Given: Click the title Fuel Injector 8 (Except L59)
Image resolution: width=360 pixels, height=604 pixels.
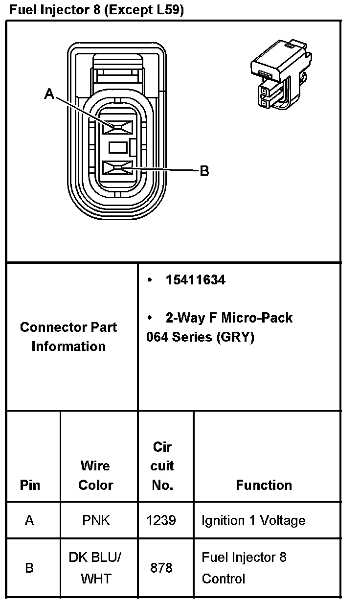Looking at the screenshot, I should (96, 10).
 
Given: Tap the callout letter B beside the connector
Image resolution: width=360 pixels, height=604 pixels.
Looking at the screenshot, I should (204, 171).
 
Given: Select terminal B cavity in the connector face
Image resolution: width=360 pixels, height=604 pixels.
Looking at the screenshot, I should (118, 169).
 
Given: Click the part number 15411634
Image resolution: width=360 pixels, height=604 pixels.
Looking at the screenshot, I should (195, 280).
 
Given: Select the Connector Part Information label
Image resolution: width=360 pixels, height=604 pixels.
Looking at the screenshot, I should (68, 337).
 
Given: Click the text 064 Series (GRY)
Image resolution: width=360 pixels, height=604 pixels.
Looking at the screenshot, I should (200, 337).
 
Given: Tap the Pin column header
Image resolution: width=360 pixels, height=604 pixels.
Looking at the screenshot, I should (30, 485).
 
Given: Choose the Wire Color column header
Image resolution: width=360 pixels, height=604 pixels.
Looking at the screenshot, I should (96, 475).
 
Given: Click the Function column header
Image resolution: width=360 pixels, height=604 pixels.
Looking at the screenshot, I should (264, 485).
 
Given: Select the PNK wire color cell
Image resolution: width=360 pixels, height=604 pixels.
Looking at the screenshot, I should (96, 520).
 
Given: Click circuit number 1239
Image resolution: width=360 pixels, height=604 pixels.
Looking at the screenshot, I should (161, 520).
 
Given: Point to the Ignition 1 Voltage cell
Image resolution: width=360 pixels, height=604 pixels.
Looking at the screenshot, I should (253, 520).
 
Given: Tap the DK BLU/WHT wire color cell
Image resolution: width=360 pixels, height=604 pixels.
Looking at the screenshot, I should (96, 568).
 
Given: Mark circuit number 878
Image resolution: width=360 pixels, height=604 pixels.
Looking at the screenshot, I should (161, 568).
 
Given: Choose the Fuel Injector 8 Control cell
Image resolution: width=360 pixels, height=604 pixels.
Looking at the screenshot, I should (244, 568).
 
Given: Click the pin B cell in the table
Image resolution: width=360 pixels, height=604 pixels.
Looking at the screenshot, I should (29, 568).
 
